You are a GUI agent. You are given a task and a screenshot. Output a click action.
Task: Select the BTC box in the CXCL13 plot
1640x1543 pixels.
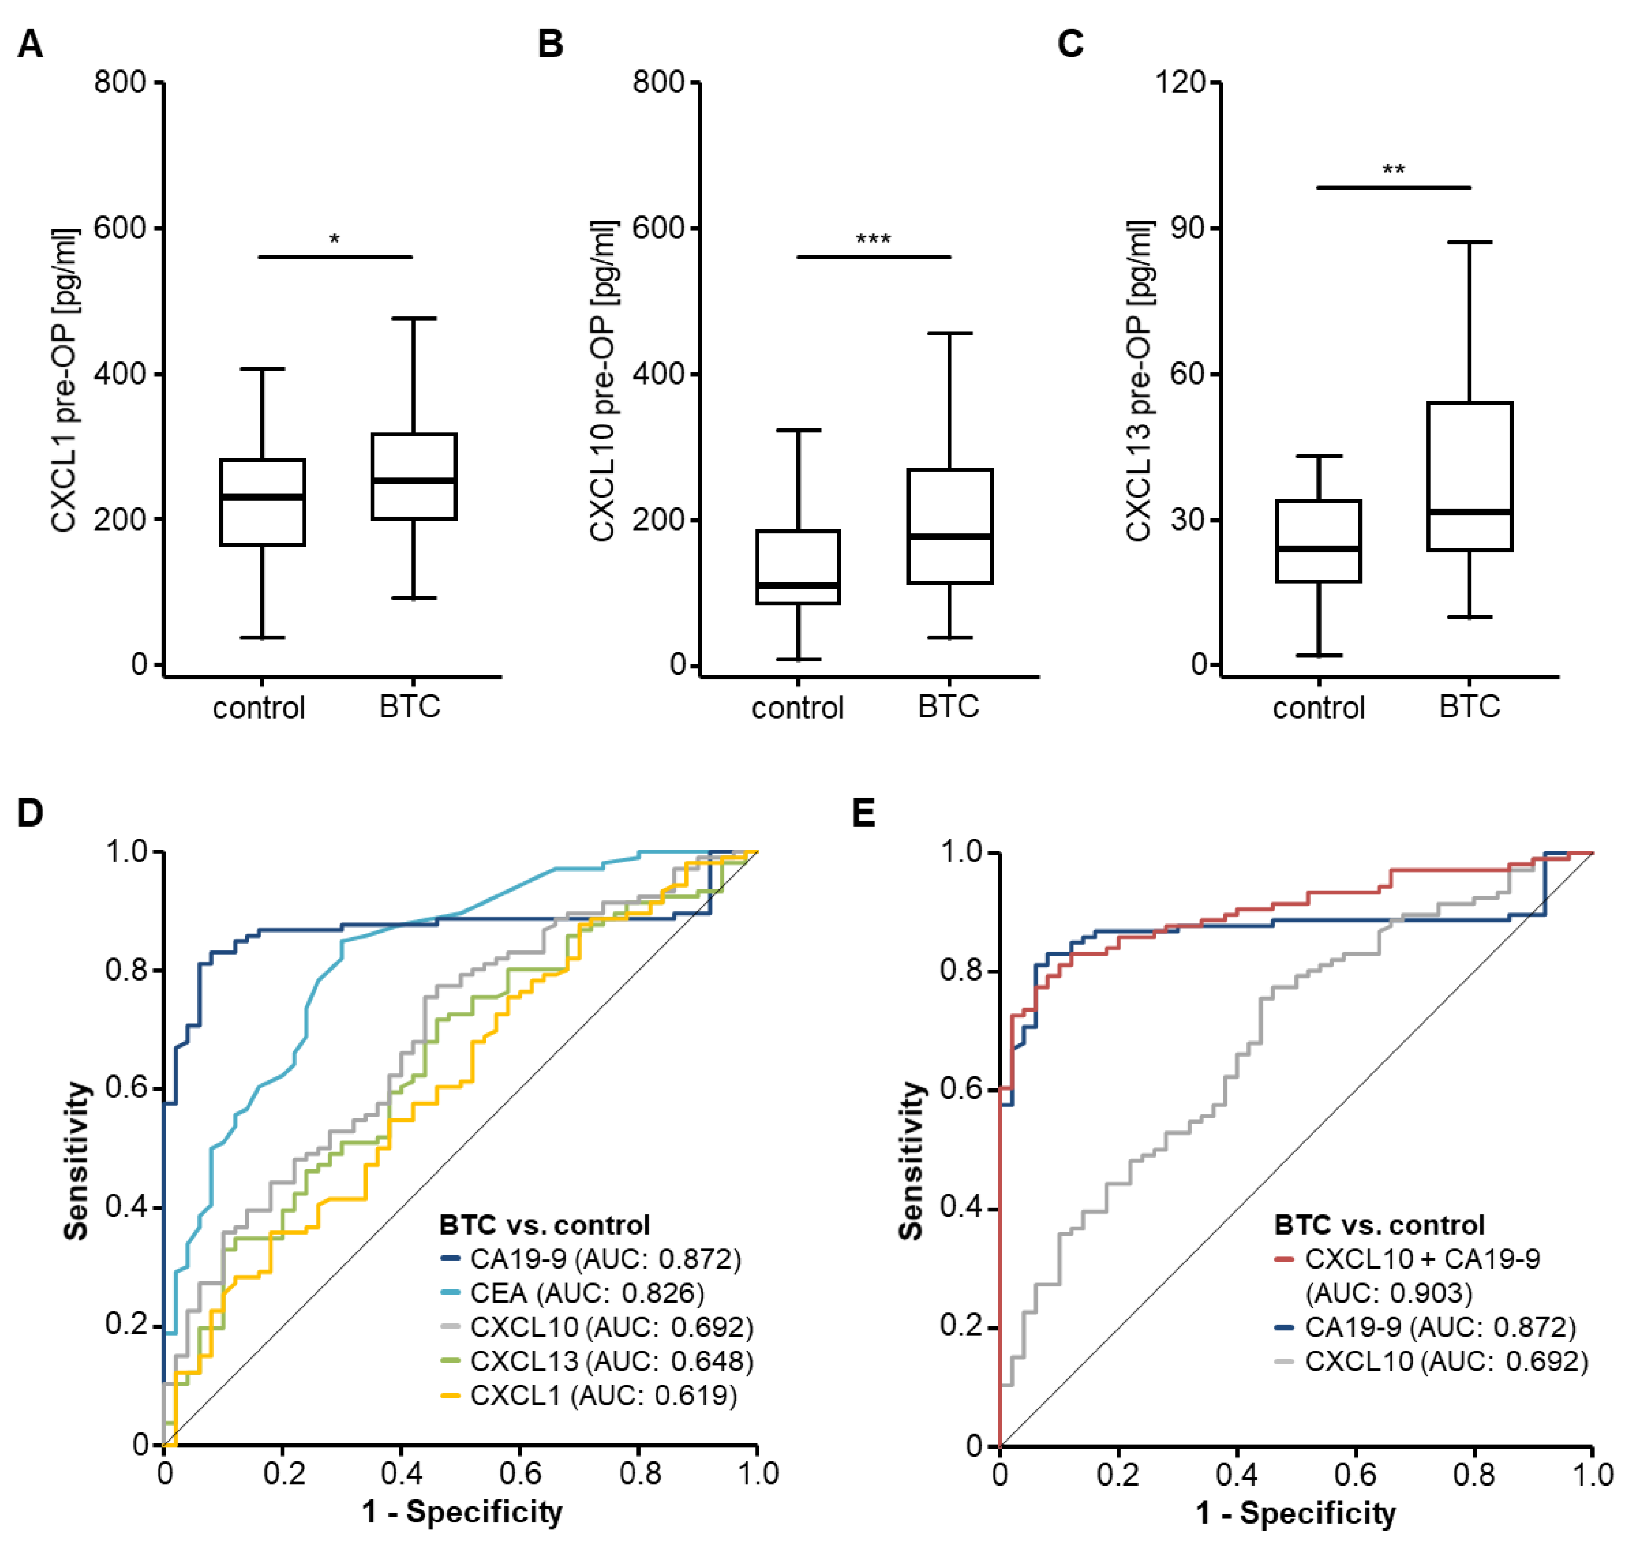(x=1469, y=476)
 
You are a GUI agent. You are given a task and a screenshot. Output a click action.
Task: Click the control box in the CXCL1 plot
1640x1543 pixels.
(x=262, y=502)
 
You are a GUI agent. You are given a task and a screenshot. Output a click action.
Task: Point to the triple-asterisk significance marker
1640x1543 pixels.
(x=873, y=240)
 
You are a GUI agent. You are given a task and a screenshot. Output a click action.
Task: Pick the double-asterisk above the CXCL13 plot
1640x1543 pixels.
(x=1393, y=171)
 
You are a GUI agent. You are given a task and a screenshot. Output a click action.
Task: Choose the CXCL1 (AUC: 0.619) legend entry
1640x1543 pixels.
(x=603, y=1396)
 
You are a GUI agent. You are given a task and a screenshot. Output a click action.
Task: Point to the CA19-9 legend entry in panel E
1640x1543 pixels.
(x=1439, y=1327)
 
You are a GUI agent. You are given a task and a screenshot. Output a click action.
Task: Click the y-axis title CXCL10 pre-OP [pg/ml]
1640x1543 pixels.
(x=603, y=381)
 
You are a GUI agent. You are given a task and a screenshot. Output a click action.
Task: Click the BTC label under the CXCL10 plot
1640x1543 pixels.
(x=949, y=707)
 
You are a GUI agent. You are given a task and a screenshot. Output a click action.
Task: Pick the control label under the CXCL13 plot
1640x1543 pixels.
(x=1318, y=707)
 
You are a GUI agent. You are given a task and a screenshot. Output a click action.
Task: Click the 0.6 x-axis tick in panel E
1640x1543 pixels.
(x=1356, y=1474)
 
